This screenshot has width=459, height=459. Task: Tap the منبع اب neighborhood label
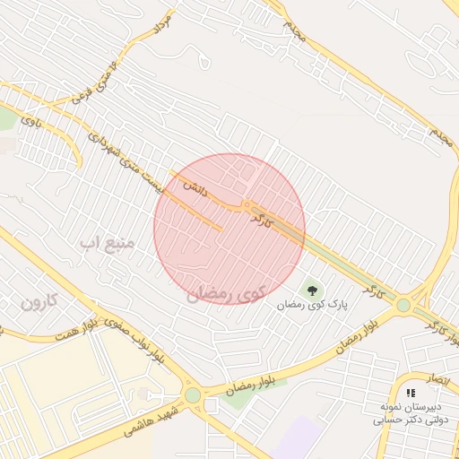(107, 243)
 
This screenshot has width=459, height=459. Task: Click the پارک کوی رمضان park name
(312, 306)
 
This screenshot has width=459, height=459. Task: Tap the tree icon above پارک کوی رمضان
(312, 290)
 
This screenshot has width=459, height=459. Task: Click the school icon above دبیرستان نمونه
(411, 393)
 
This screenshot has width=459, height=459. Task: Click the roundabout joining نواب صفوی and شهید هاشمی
(193, 394)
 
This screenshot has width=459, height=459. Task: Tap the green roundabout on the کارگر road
(403, 305)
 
